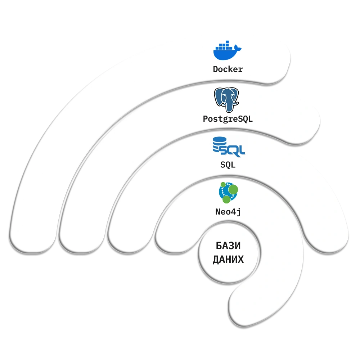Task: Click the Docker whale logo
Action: [225, 51]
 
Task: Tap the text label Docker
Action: [228, 69]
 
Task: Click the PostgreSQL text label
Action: [228, 118]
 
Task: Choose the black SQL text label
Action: [228, 165]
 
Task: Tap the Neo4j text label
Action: [228, 212]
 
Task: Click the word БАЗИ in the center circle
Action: [228, 246]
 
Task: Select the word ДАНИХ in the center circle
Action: [228, 260]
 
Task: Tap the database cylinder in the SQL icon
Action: [217, 145]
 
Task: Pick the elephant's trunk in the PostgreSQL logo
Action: [228, 105]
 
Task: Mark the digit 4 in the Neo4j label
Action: [233, 212]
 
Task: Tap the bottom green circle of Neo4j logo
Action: [226, 199]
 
